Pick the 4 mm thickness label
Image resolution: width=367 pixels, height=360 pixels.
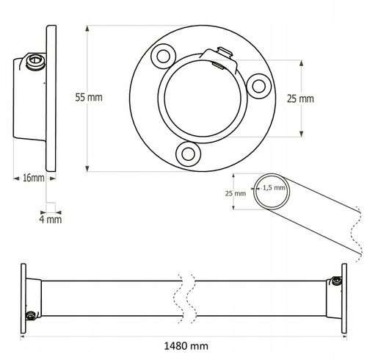[51, 218]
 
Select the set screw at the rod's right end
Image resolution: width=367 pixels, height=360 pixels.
[335, 280]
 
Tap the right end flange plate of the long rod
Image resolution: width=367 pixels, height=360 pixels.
[343, 298]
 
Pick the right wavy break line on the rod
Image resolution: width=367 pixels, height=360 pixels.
[192, 298]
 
